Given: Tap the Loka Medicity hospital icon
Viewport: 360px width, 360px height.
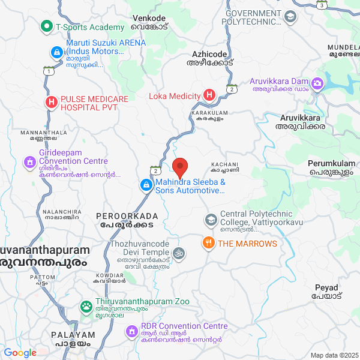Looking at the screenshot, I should [209, 95].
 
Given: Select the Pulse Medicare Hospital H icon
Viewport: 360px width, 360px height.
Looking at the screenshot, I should [51, 102].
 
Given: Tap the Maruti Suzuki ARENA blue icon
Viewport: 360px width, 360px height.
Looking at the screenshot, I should [56, 53].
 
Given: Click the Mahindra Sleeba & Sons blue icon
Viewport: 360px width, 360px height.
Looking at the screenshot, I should [146, 185].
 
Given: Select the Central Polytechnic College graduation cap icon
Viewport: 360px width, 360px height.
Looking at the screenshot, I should [211, 220].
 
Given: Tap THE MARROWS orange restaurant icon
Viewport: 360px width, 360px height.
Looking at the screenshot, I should [208, 243].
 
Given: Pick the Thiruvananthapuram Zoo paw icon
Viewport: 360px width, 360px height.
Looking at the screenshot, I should [86, 306].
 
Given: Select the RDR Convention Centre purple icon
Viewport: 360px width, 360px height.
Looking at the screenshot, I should [131, 331].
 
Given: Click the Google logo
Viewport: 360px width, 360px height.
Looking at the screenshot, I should [20, 353].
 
